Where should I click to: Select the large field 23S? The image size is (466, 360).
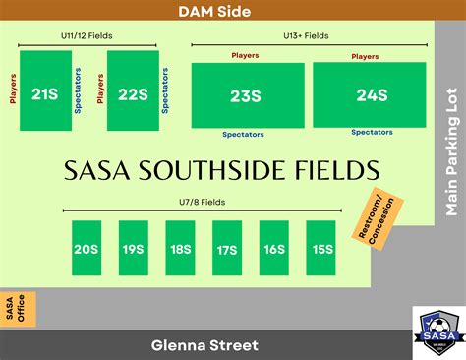pyautogui.click(x=247, y=95)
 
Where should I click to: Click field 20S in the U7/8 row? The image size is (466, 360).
pyautogui.click(x=86, y=248)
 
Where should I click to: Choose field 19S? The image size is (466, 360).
pyautogui.click(x=133, y=248)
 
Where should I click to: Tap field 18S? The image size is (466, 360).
pyautogui.click(x=180, y=248)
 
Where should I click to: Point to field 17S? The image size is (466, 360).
pyautogui.click(x=227, y=248)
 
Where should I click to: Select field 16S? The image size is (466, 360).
pyautogui.click(x=274, y=248)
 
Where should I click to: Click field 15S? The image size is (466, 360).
pyautogui.click(x=321, y=248)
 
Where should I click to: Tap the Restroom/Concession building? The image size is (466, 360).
pyautogui.click(x=370, y=217)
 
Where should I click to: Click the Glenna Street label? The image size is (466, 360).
pyautogui.click(x=204, y=345)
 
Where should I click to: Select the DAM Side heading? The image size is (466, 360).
pyautogui.click(x=214, y=12)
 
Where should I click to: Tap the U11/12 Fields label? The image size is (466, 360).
pyautogui.click(x=87, y=35)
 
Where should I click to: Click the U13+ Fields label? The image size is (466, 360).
pyautogui.click(x=307, y=35)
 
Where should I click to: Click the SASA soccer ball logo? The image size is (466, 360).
pyautogui.click(x=437, y=331)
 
